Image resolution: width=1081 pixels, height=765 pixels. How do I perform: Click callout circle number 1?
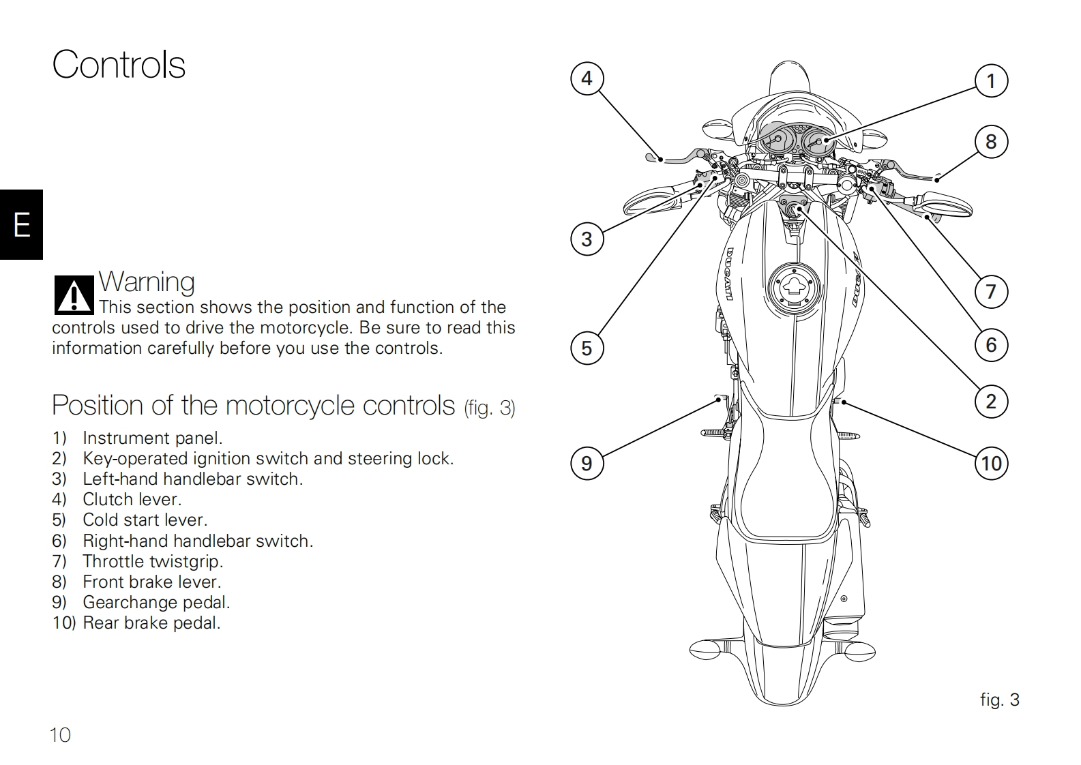pyautogui.click(x=991, y=81)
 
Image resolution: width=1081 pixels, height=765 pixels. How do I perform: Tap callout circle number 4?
pyautogui.click(x=587, y=79)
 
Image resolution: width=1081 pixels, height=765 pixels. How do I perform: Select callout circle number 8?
pyautogui.click(x=991, y=142)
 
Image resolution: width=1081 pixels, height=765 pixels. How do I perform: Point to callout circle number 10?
pyautogui.click(x=991, y=464)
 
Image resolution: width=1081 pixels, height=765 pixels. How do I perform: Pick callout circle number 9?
pyautogui.click(x=587, y=464)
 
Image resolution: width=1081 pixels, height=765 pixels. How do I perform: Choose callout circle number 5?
pyautogui.click(x=587, y=348)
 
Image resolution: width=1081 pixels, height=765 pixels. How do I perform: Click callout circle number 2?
pyautogui.click(x=991, y=402)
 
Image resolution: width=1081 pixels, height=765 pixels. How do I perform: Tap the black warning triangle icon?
pyautogui.click(x=74, y=295)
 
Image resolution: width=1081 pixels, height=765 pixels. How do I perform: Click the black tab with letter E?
pyautogui.click(x=21, y=224)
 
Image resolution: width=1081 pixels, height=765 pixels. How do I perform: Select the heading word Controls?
pyautogui.click(x=119, y=65)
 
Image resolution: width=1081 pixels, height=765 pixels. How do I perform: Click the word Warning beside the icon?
pyautogui.click(x=147, y=282)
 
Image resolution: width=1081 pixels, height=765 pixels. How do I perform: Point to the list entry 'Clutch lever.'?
pyautogui.click(x=132, y=500)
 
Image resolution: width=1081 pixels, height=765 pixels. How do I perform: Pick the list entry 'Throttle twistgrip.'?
pyautogui.click(x=153, y=561)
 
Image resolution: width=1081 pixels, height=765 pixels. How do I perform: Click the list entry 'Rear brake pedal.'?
pyautogui.click(x=151, y=622)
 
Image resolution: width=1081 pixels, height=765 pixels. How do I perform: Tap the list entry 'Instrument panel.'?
pyautogui.click(x=152, y=438)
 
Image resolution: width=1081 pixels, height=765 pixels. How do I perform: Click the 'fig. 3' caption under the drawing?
pyautogui.click(x=999, y=700)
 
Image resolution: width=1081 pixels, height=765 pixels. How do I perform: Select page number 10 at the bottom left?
pyautogui.click(x=60, y=734)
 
